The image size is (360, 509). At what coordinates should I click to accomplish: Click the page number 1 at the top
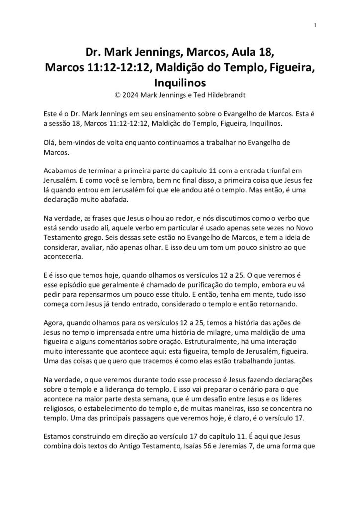click(315, 26)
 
